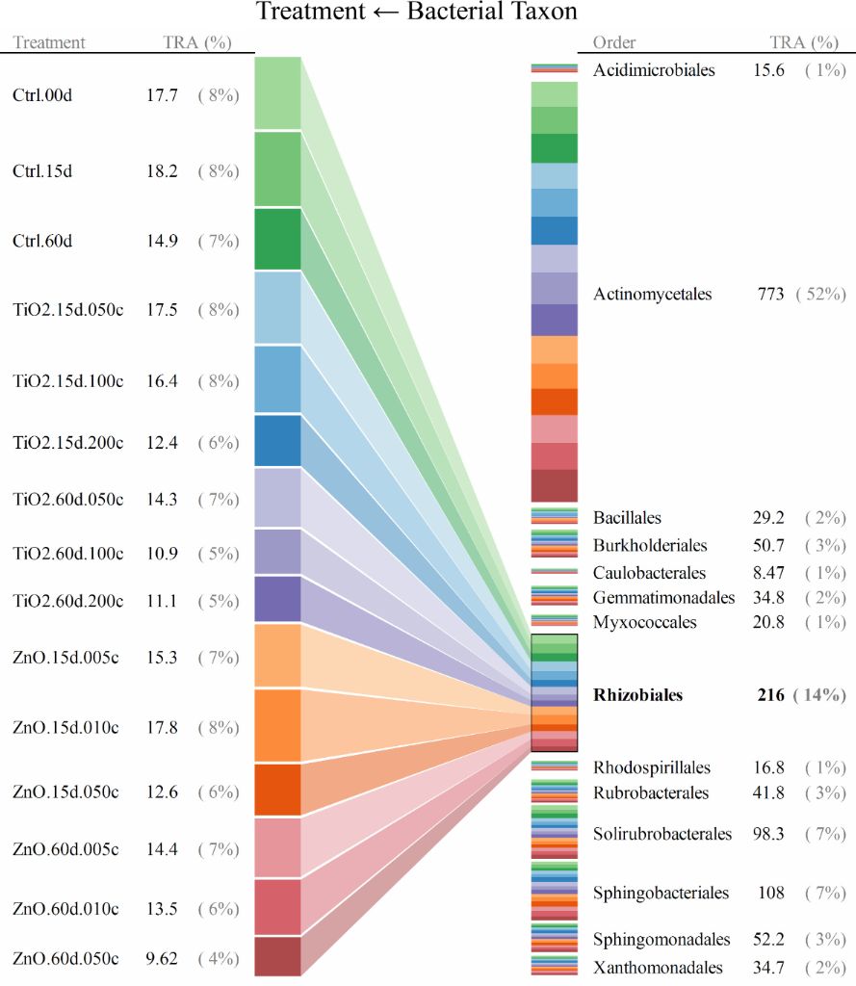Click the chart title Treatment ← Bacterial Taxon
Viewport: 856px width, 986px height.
coord(417,13)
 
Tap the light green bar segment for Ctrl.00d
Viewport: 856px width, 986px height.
coord(277,92)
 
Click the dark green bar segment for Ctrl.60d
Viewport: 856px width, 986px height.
coord(277,239)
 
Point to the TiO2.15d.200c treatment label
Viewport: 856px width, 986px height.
coord(68,442)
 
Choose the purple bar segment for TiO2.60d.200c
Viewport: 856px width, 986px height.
coord(277,598)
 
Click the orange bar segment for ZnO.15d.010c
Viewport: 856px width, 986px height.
coord(277,726)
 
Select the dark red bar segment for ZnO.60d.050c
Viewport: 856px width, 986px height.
coord(277,956)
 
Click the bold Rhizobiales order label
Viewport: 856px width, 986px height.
coord(637,695)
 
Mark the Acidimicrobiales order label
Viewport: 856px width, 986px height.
coord(654,70)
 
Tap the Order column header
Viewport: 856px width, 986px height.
coord(614,42)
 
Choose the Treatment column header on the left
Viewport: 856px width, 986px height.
coord(49,42)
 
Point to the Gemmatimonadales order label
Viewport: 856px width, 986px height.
coord(663,598)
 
